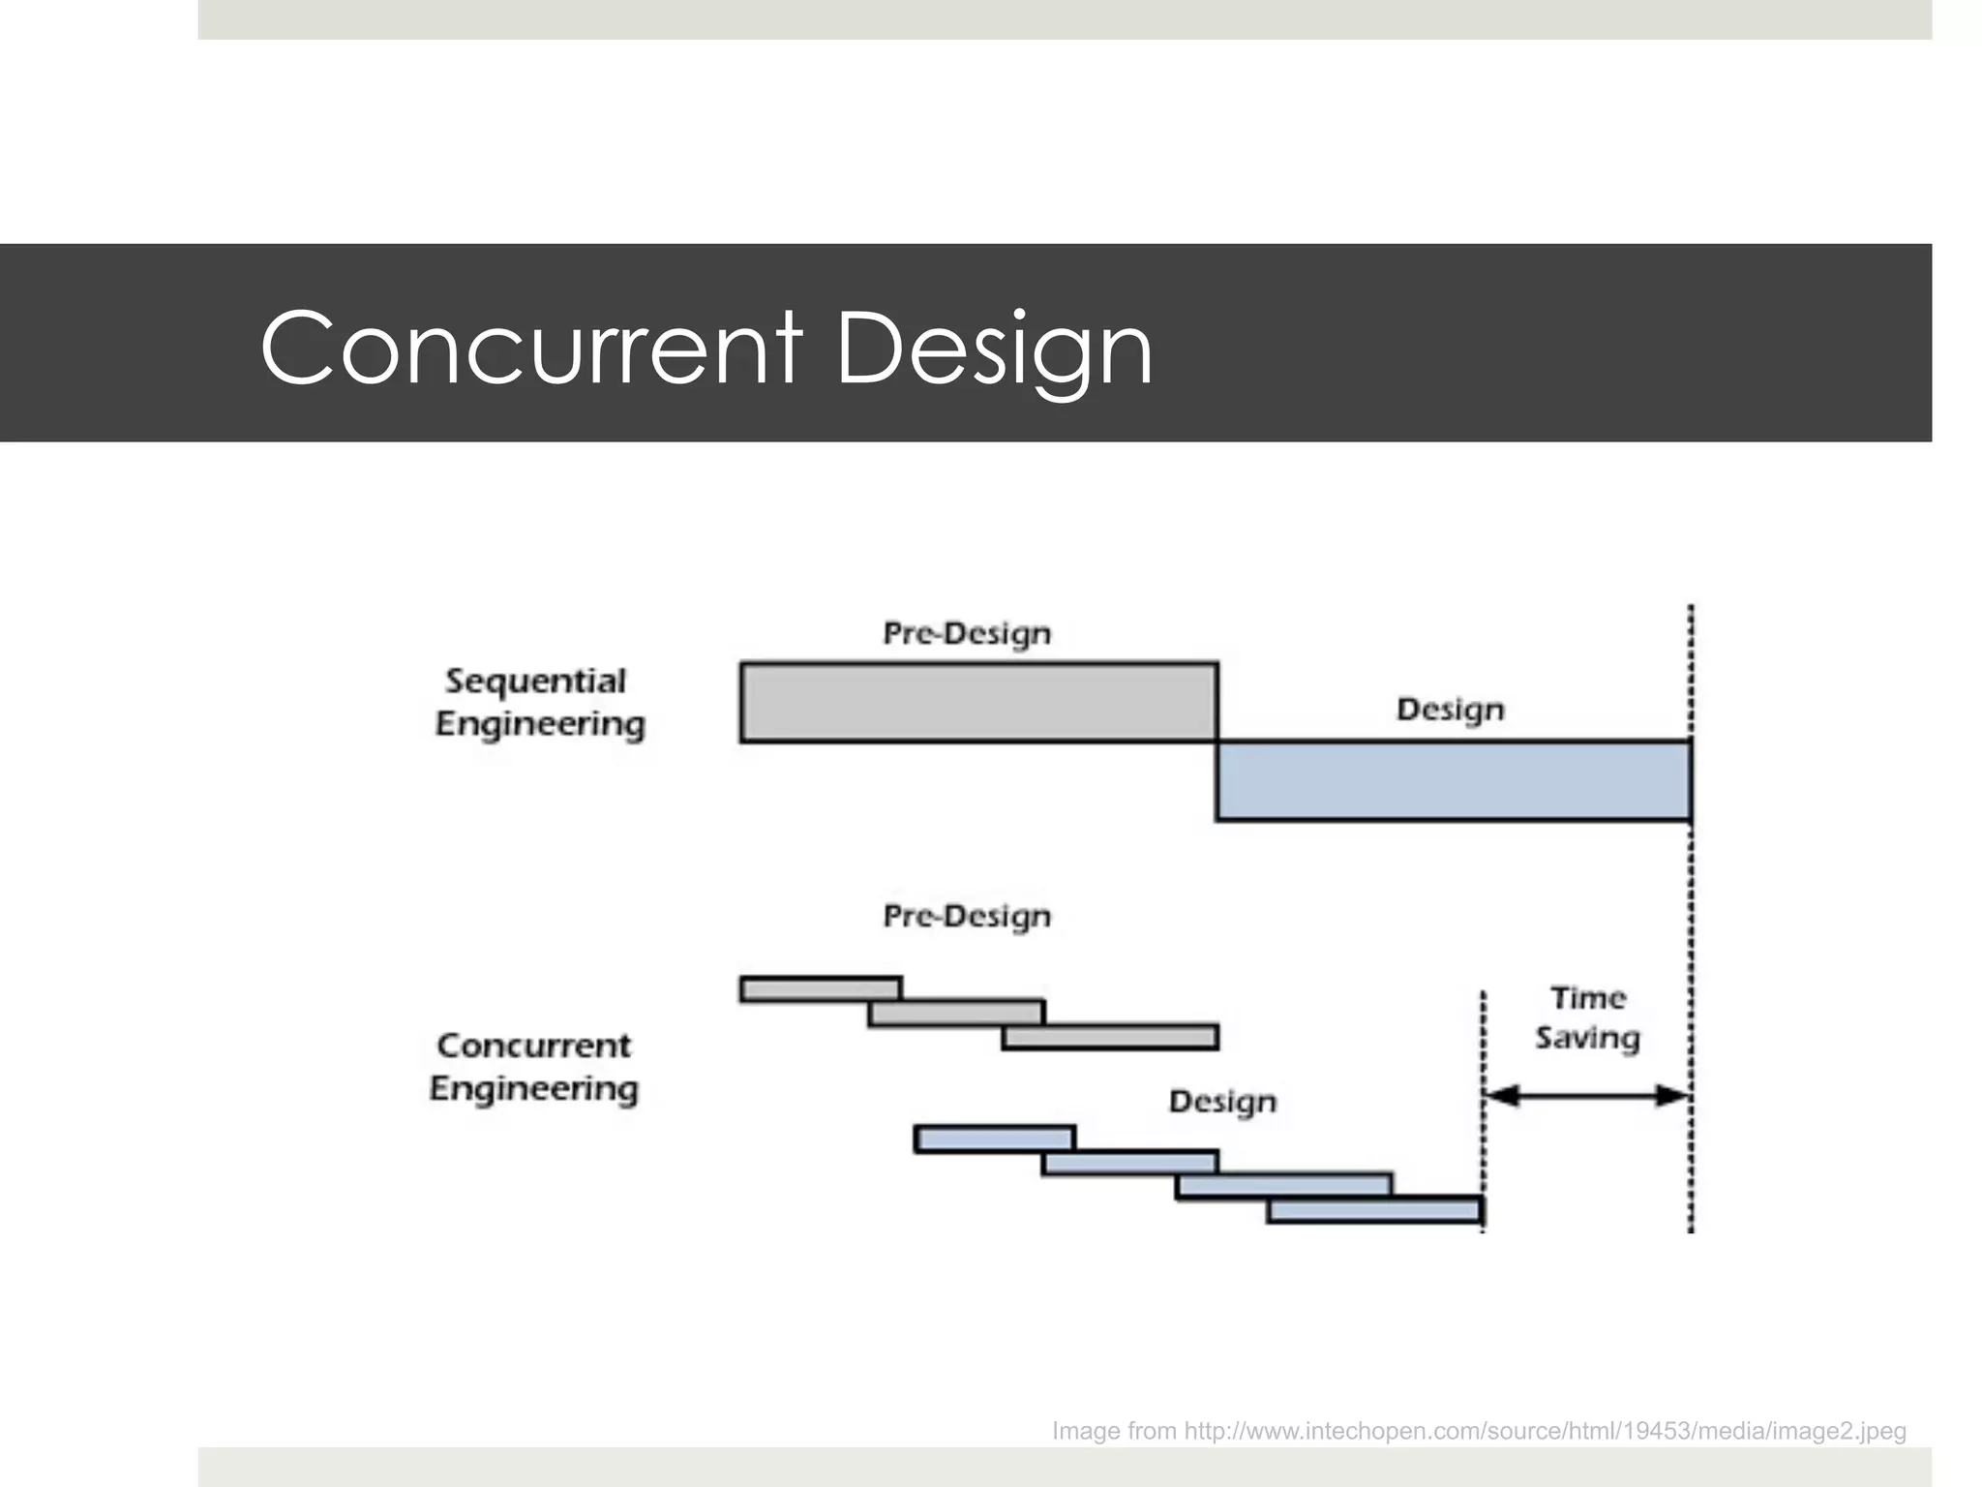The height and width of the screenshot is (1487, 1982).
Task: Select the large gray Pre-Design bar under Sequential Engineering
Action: tap(978, 703)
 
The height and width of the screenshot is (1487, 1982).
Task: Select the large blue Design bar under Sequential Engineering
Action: tap(1454, 780)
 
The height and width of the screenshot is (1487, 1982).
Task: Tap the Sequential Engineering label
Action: tap(538, 703)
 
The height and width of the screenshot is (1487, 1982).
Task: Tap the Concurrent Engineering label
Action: tap(534, 1067)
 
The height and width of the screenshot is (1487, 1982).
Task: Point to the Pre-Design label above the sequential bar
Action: tap(967, 633)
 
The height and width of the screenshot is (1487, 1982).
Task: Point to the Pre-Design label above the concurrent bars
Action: tap(967, 916)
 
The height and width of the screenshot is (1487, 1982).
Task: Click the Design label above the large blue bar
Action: tap(1450, 710)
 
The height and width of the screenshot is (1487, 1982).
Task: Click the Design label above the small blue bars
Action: tap(1222, 1102)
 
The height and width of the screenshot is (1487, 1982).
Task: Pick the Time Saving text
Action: tap(1587, 1017)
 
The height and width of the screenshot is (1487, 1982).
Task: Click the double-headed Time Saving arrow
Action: tap(1587, 1096)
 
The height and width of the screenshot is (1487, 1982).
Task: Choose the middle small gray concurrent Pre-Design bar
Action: tap(956, 1013)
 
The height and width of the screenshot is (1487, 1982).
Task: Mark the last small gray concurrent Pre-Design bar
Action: tap(1110, 1037)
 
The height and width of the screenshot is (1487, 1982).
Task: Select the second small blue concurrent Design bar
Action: tap(1129, 1163)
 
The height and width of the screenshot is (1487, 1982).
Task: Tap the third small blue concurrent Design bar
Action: tap(1284, 1185)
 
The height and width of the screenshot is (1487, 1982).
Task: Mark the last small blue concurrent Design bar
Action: tap(1375, 1210)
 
